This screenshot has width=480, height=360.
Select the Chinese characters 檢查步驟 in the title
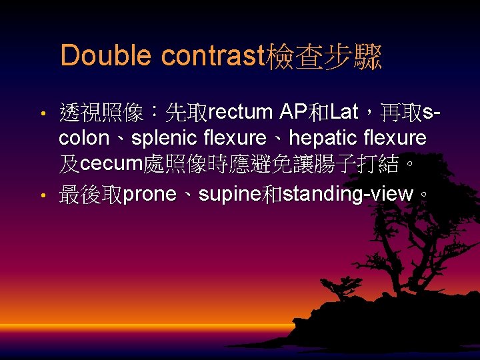coord(324,56)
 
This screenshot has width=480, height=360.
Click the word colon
coord(83,139)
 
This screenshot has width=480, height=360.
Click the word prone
coord(150,194)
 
